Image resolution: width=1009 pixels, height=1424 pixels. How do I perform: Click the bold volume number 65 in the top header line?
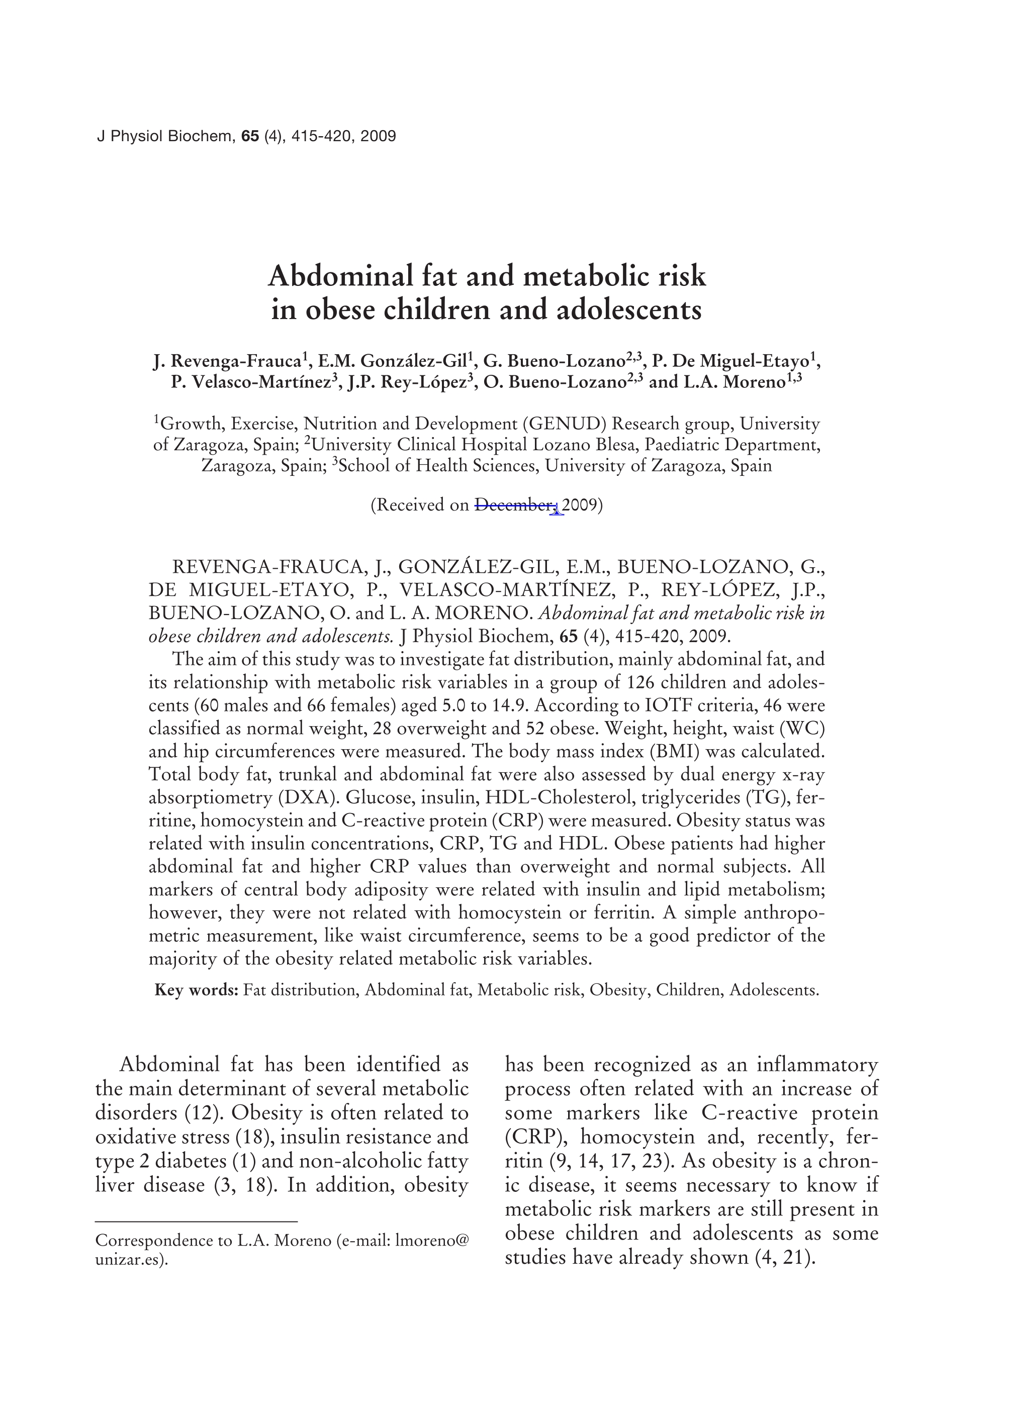tap(250, 136)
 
